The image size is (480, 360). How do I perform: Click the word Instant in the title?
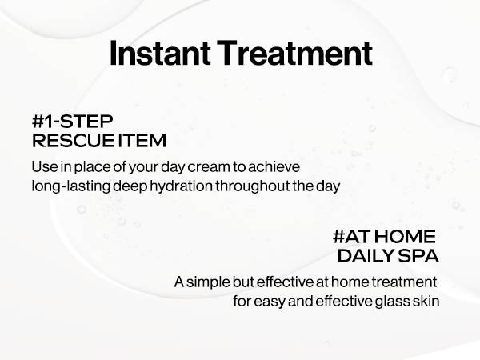pyautogui.click(x=160, y=53)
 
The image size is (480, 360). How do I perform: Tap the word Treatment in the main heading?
pyautogui.click(x=294, y=53)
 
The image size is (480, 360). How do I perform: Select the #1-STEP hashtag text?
pyautogui.click(x=73, y=122)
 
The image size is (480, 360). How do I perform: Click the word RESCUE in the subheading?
pyautogui.click(x=73, y=141)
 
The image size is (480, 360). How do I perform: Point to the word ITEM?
pyautogui.click(x=142, y=141)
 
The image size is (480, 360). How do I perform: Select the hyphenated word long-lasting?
pyautogui.click(x=70, y=186)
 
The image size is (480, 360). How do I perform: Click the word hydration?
pyautogui.click(x=181, y=186)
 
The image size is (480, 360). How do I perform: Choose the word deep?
pyautogui.click(x=130, y=186)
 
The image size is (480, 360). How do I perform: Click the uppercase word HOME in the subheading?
pyautogui.click(x=404, y=237)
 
